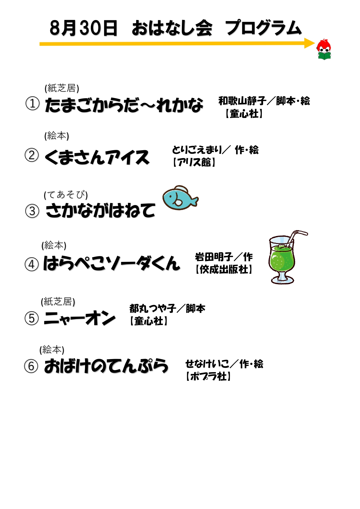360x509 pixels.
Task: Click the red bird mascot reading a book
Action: (324, 49)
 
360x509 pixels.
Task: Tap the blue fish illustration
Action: (180, 198)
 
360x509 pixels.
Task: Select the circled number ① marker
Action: (32, 104)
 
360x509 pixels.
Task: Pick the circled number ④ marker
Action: (32, 264)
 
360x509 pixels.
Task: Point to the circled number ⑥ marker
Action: (31, 366)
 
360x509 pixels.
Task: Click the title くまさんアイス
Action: (97, 157)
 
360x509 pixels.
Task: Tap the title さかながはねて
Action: (100, 210)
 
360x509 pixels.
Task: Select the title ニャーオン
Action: (79, 318)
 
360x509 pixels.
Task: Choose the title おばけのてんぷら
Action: (106, 366)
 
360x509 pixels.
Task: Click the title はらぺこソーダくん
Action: (112, 263)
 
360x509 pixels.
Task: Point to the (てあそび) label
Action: (66, 195)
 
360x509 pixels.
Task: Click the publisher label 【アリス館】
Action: (194, 162)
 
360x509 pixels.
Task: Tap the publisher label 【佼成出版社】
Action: (224, 269)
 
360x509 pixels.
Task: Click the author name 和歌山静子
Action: (242, 101)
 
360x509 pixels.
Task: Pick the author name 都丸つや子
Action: (153, 308)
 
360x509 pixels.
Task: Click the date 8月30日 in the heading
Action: (84, 28)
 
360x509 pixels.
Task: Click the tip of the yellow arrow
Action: (315, 44)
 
